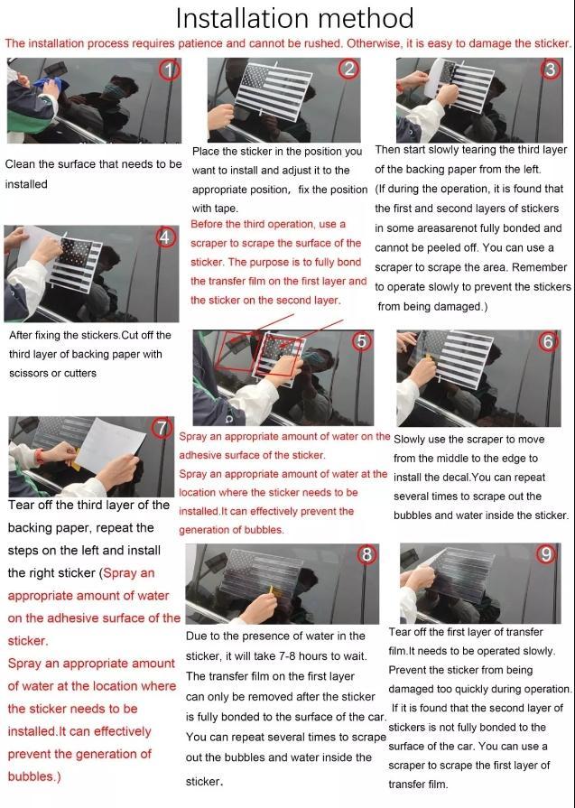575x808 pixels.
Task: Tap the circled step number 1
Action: (x=170, y=69)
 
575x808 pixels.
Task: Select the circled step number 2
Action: (x=349, y=69)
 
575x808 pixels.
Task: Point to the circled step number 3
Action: (x=551, y=69)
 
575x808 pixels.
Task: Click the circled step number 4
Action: (x=165, y=237)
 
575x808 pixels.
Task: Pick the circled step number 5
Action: (x=362, y=340)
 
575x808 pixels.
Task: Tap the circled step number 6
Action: (x=548, y=341)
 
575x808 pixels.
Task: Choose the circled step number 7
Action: (x=162, y=428)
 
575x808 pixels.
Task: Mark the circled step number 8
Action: (x=366, y=554)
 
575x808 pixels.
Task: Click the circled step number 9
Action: (x=546, y=554)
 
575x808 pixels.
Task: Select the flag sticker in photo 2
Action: (x=274, y=92)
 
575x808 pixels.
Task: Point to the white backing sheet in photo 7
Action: (x=110, y=446)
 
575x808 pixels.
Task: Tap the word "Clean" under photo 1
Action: (x=20, y=164)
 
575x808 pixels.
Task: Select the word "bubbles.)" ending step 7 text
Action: (x=34, y=776)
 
